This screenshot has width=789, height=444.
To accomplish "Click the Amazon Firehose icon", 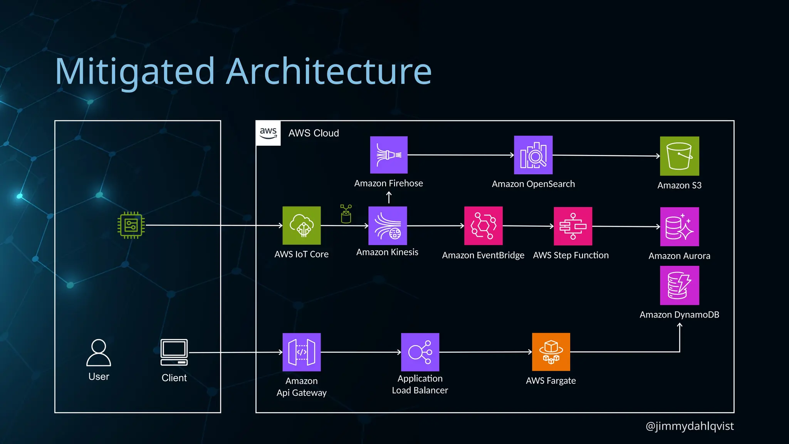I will click(x=389, y=155).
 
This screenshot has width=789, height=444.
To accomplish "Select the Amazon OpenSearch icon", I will click(x=533, y=155).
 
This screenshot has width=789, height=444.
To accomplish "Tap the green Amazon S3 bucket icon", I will click(x=679, y=156).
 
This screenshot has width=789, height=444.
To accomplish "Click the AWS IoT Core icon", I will click(x=302, y=225).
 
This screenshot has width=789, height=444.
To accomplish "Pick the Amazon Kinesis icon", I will click(x=388, y=226).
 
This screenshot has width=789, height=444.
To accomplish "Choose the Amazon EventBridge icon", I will click(x=483, y=226).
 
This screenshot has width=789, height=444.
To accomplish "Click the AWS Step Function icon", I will click(x=573, y=226).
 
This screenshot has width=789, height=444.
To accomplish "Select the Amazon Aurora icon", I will click(x=679, y=227).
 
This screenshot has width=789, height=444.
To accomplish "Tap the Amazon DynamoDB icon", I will click(x=679, y=286).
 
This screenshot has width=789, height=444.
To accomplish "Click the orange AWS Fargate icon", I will click(x=551, y=352).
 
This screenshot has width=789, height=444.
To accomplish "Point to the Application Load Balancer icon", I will click(x=420, y=352).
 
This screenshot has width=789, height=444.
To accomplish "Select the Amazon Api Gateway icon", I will click(x=302, y=352).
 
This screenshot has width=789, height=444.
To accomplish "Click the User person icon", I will click(x=99, y=353).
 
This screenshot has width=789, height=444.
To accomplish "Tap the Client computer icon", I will click(x=174, y=352).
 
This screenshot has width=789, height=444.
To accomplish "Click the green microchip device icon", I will click(x=131, y=225).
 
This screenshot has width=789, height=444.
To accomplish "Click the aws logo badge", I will click(x=268, y=133).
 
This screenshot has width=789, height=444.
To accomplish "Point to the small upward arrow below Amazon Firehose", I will click(x=389, y=197).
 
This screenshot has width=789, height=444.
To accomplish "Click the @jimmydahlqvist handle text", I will click(x=689, y=426).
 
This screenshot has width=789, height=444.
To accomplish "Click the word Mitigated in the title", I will click(x=135, y=71).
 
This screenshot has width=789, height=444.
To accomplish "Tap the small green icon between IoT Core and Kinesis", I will click(x=346, y=214).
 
